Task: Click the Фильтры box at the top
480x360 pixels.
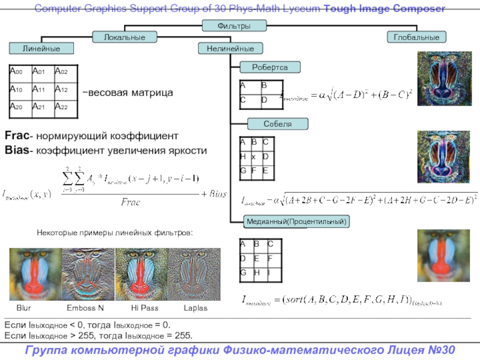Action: coord(234,26)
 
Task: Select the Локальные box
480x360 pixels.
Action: coord(125,37)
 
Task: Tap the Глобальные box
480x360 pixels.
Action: coord(416,37)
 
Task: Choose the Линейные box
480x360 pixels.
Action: coord(41,48)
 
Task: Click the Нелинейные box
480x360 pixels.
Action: coord(226,48)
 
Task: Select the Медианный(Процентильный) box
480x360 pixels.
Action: coord(296,222)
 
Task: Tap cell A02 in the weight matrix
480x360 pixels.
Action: coord(65,72)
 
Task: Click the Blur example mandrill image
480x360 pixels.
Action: coord(31,274)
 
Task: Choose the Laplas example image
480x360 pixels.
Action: coord(195,274)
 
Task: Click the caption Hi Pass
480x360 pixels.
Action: coord(145,308)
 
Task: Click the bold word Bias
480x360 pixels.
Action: coord(16,150)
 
